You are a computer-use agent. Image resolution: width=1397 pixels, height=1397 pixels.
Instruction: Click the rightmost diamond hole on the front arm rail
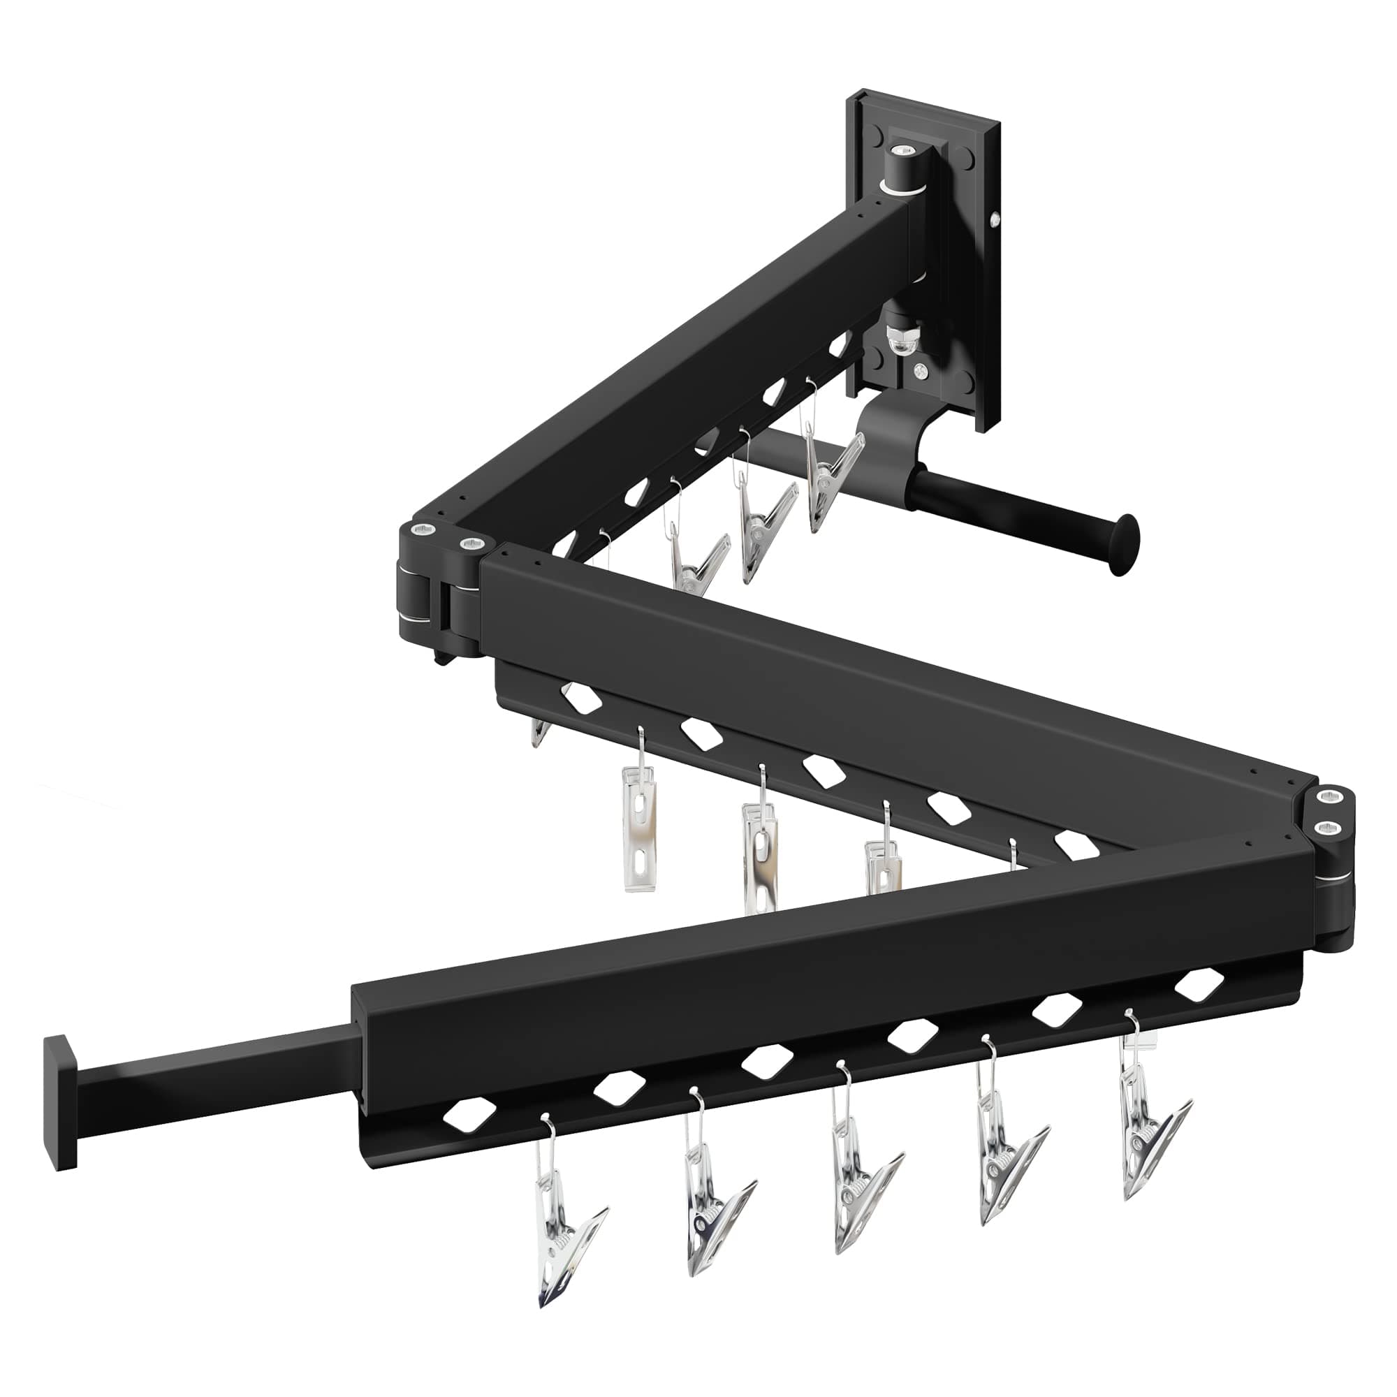pos(1201,983)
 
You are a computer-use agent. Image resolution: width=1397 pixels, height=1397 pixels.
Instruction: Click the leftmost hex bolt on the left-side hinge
pos(422,531)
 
